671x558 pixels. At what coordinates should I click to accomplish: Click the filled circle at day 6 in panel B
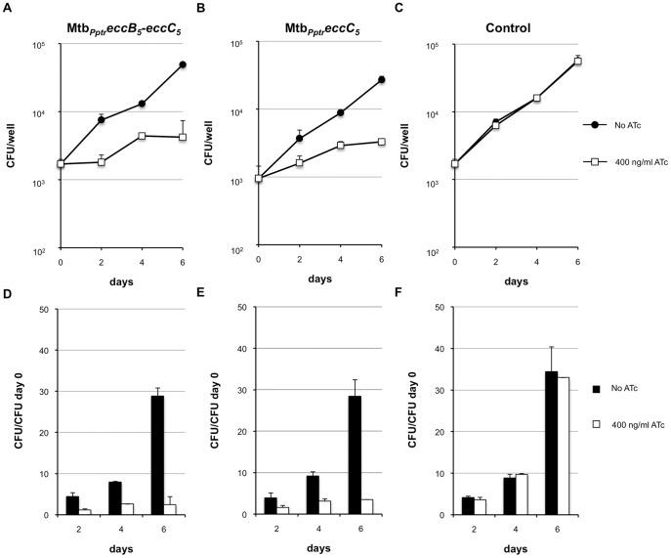click(x=381, y=79)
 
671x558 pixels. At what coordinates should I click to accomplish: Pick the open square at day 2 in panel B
click(x=300, y=162)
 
